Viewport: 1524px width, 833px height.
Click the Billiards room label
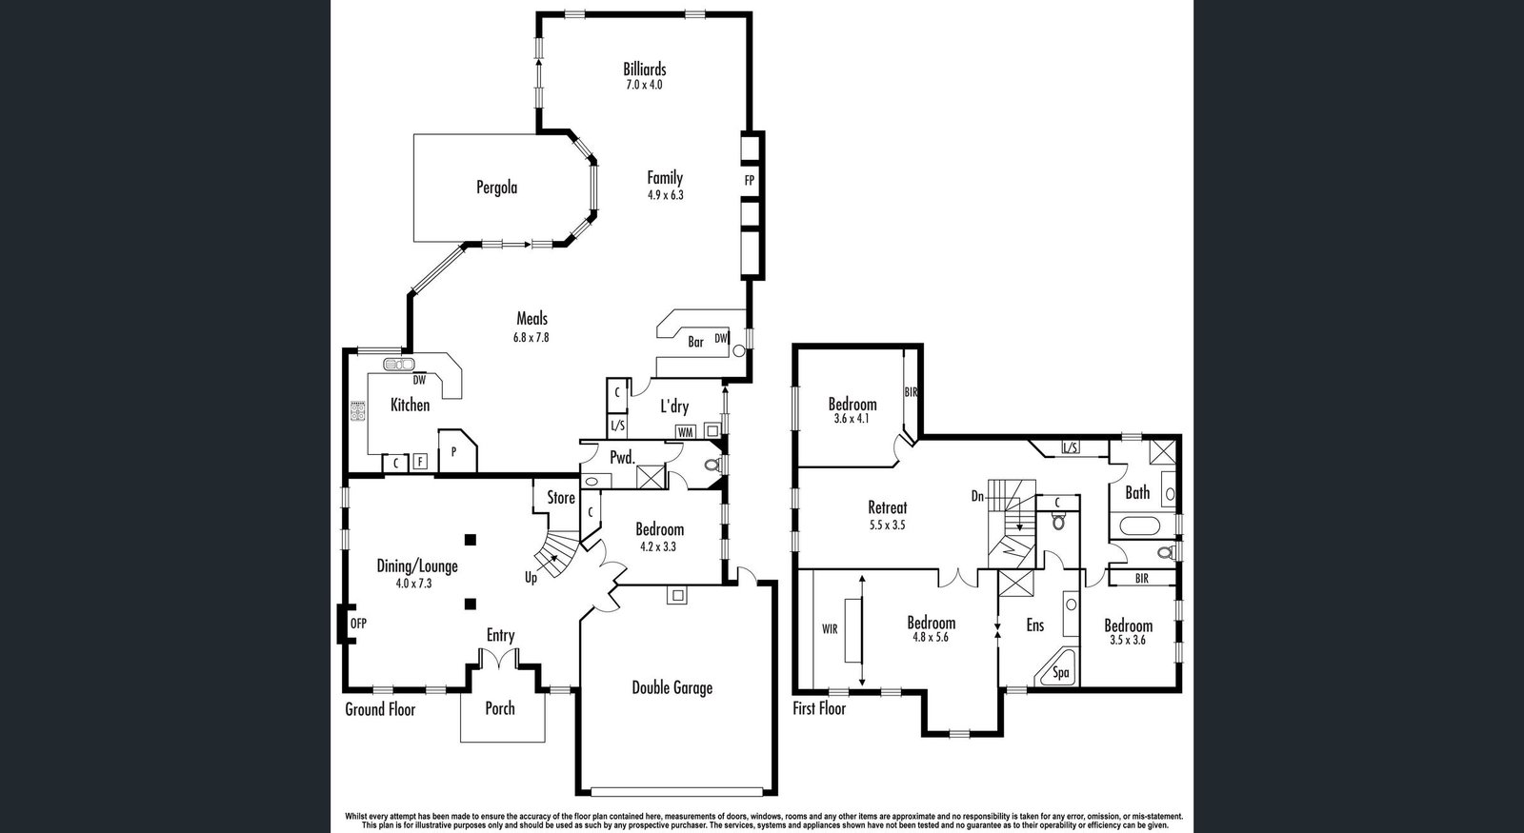(644, 69)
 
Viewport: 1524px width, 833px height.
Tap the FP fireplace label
(749, 181)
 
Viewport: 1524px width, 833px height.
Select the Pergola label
(496, 187)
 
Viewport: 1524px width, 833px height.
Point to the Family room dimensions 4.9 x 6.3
(666, 195)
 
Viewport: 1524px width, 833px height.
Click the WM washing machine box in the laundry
(685, 432)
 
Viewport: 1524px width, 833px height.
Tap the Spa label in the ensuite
(1061, 673)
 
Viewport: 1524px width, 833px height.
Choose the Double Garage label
(672, 687)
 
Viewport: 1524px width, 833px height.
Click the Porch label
(500, 708)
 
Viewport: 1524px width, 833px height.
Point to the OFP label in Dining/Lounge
(358, 623)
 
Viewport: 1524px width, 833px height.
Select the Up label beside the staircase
(531, 578)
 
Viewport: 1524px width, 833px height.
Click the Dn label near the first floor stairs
(977, 497)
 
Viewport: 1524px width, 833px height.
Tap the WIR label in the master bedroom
(830, 629)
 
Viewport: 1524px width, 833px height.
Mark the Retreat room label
(887, 507)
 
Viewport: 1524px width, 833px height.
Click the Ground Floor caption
(380, 710)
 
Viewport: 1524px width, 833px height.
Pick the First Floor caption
(819, 708)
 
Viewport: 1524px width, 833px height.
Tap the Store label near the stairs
(561, 498)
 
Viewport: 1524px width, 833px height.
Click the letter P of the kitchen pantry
(453, 451)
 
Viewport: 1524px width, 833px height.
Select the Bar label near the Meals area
(695, 342)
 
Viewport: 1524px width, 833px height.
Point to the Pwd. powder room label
(622, 458)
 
